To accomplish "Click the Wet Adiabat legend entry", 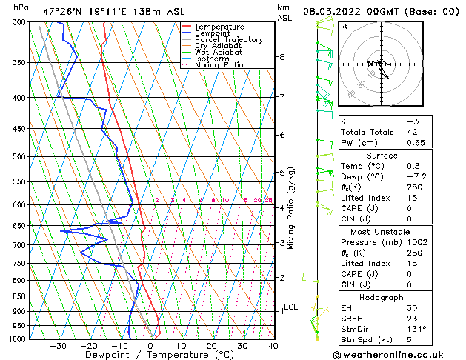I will tap(217, 52).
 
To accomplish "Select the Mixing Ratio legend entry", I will tap(219, 65).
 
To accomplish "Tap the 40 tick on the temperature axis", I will tap(273, 346).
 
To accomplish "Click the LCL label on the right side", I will tap(290, 307).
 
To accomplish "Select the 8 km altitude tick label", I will tap(282, 57).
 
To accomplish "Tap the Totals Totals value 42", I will tap(413, 132).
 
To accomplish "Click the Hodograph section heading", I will tap(382, 297).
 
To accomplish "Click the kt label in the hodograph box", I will tap(344, 27).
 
